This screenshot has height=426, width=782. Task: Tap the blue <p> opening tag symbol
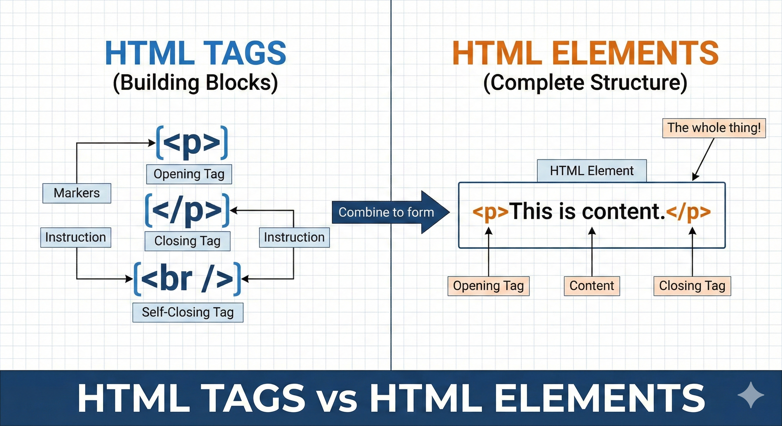192,143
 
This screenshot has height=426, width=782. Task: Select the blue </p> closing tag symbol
187,210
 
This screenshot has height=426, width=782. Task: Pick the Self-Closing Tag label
188,312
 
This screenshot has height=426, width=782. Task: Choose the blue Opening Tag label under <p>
189,174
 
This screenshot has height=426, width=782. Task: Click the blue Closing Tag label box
187,241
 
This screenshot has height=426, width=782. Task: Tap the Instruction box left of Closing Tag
76,237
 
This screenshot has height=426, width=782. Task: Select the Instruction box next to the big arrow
294,237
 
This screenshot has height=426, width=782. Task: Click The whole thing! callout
714,128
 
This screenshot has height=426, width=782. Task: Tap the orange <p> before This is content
490,212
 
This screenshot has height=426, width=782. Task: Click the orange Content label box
592,286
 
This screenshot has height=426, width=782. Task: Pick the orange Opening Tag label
488,286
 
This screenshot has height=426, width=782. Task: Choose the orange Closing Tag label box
692,286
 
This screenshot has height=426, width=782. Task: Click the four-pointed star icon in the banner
750,395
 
